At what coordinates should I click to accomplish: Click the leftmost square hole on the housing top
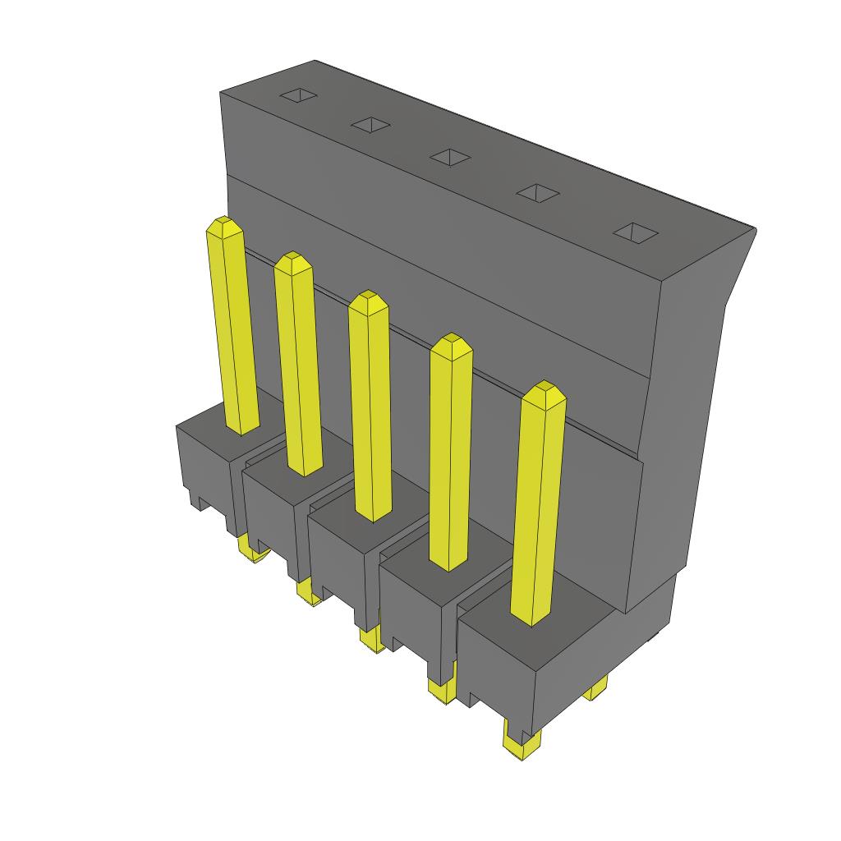(x=298, y=95)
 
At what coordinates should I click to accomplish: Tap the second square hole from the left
(x=370, y=125)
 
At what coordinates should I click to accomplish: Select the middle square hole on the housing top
(x=450, y=156)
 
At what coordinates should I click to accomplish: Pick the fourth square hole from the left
(x=537, y=193)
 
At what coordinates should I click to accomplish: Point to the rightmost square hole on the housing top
(x=636, y=232)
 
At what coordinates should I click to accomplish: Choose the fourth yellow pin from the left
(x=451, y=460)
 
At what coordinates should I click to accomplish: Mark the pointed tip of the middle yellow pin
(x=368, y=300)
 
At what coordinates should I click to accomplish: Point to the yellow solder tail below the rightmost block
(x=520, y=744)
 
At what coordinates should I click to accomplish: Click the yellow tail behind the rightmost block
(x=597, y=688)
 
